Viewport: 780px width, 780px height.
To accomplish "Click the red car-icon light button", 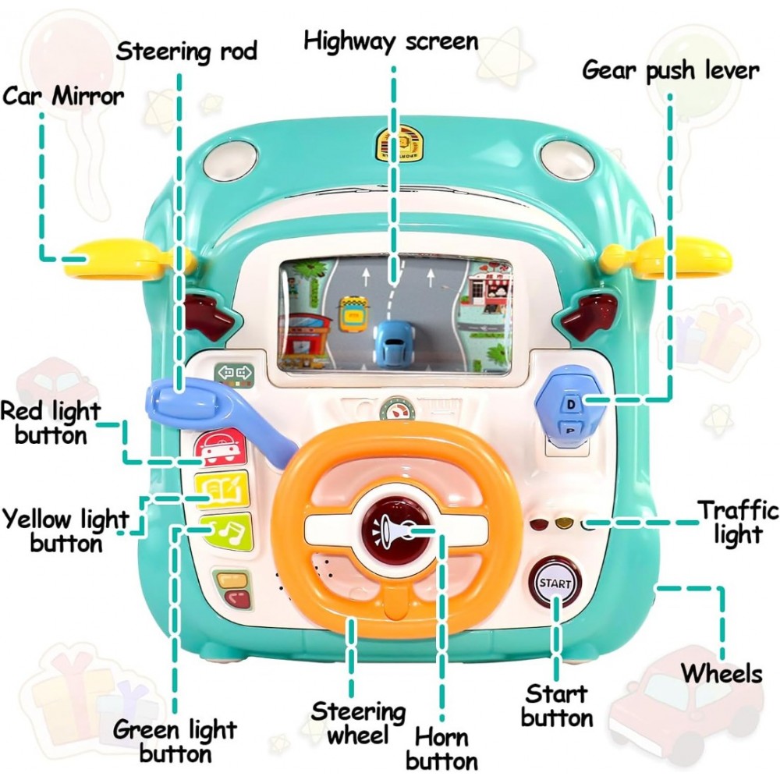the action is (x=222, y=446).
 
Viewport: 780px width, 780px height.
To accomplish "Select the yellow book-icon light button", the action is (x=222, y=490).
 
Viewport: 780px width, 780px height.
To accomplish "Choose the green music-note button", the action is (x=226, y=532).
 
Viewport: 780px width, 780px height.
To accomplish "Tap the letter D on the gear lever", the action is (x=571, y=404).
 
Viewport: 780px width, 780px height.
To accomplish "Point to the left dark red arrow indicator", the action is (x=209, y=317).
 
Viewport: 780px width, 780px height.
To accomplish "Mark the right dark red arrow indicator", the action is (x=587, y=316).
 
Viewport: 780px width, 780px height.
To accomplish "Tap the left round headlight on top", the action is (x=230, y=159).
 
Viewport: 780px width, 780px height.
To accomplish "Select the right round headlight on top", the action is (x=567, y=158).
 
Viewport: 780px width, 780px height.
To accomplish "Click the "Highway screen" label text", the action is (x=391, y=42).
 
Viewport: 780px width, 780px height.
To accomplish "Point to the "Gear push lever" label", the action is (x=671, y=71).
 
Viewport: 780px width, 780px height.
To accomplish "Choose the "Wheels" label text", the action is (x=721, y=674).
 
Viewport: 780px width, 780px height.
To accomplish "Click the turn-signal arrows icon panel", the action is (x=234, y=375).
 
